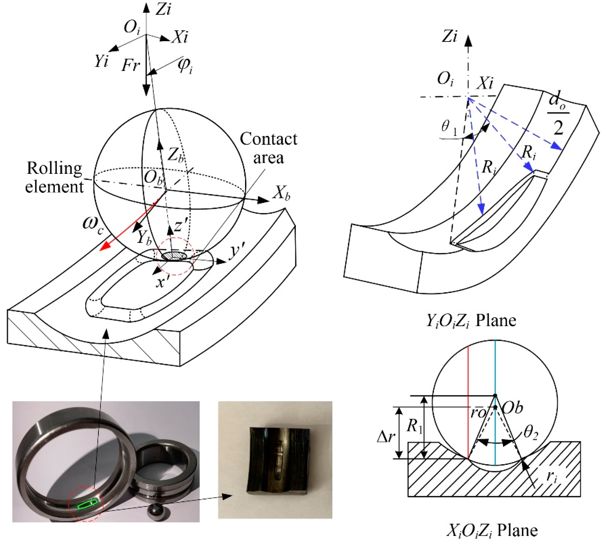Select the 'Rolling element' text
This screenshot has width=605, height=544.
[x=54, y=178]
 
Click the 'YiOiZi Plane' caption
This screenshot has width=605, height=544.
[x=471, y=321]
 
